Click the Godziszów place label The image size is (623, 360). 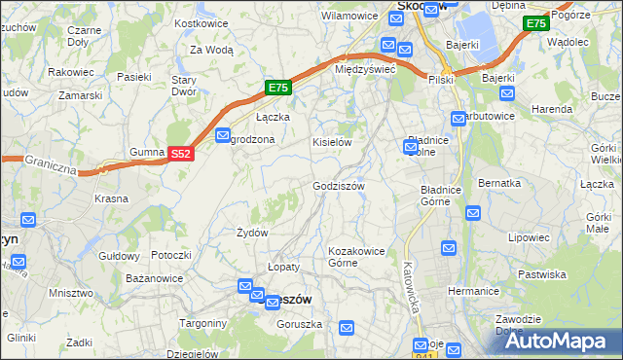(x=339, y=186)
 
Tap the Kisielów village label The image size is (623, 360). (x=331, y=142)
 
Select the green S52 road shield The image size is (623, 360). (x=180, y=154)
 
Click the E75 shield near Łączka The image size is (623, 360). (x=278, y=88)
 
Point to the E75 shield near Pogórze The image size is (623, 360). (x=535, y=23)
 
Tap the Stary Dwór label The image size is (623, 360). (x=184, y=86)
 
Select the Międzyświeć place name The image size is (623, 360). (x=364, y=70)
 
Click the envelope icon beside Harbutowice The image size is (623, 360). (x=458, y=118)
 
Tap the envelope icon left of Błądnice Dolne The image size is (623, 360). (x=411, y=147)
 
